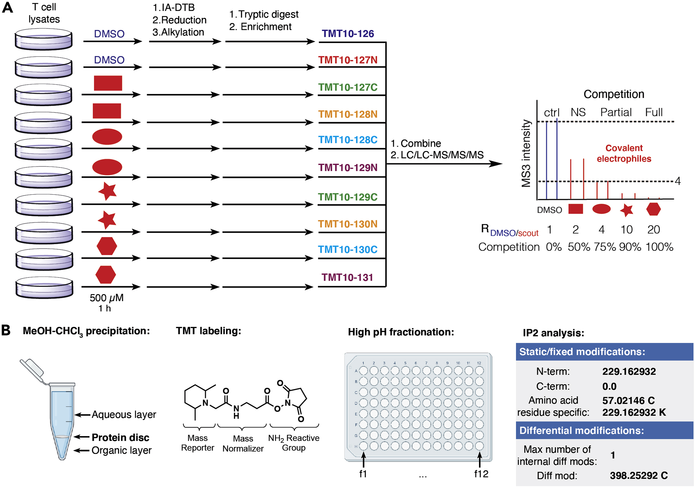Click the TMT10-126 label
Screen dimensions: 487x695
coord(347,34)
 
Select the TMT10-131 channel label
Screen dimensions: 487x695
coord(347,277)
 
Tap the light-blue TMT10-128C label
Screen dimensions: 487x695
coord(347,140)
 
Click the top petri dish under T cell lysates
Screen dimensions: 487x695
coord(43,39)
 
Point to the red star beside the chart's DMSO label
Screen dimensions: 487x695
coord(626,210)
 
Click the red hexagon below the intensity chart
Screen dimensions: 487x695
coord(653,209)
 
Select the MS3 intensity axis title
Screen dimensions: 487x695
coord(526,153)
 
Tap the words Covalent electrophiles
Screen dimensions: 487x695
coord(624,153)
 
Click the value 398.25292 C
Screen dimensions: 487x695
coord(638,475)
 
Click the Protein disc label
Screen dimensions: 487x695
coord(120,437)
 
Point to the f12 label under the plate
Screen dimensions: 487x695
coord(481,474)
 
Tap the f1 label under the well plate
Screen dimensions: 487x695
coord(363,474)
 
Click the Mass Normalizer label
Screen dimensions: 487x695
coord(243,443)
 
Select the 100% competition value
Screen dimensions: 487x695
coord(659,247)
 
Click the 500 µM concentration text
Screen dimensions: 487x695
coord(106,298)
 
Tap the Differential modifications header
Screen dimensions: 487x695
coord(581,430)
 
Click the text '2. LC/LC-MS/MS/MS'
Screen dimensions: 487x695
coord(437,155)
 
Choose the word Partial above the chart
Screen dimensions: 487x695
coord(616,112)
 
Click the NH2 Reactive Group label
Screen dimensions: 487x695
coord(293,443)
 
